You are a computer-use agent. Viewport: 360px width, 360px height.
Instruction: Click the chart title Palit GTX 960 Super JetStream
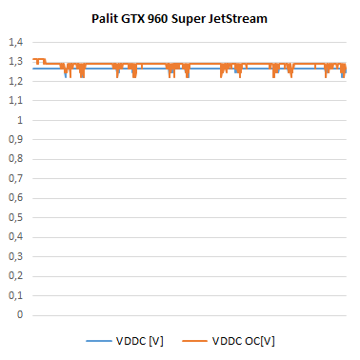[180, 16]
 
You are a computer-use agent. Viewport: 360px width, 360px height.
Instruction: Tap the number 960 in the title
[171, 16]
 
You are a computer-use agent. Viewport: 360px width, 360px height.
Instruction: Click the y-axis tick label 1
[19, 121]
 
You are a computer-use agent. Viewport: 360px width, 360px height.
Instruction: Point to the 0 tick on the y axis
[19, 315]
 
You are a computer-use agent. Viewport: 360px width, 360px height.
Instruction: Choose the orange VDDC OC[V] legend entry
[230, 340]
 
